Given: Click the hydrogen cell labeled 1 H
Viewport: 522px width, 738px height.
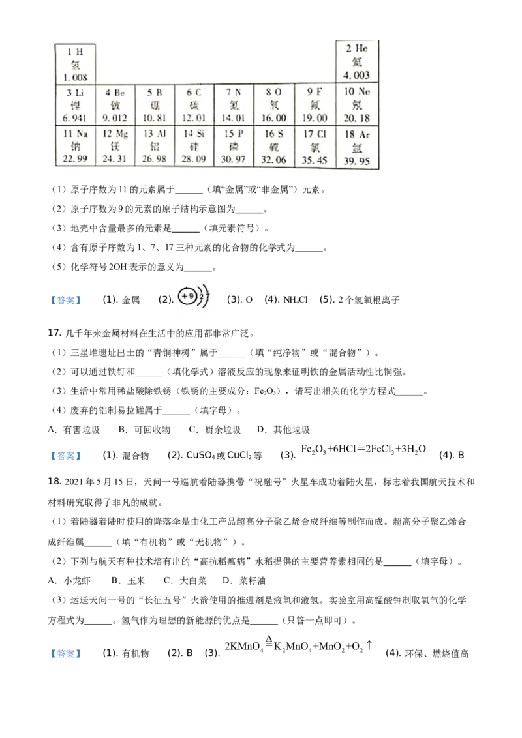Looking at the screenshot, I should pyautogui.click(x=76, y=63).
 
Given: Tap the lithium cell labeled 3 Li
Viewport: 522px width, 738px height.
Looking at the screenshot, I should pyautogui.click(x=76, y=105).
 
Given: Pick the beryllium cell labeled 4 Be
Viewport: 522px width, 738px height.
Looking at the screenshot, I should pyautogui.click(x=115, y=105).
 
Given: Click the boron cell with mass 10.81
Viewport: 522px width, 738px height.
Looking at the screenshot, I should pyautogui.click(x=154, y=105).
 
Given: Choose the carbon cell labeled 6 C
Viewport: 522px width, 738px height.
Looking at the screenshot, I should pyautogui.click(x=194, y=105).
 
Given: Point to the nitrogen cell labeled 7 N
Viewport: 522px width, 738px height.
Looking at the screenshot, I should pyautogui.click(x=233, y=105).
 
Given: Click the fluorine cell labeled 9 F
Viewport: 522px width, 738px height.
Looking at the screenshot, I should pyautogui.click(x=314, y=105).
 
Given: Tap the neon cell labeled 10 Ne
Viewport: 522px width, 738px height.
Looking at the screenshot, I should pyautogui.click(x=357, y=105).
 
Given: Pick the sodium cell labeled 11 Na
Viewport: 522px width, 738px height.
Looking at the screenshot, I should pyautogui.click(x=76, y=147).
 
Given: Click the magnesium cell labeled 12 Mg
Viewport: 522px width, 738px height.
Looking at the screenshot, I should pyautogui.click(x=115, y=147).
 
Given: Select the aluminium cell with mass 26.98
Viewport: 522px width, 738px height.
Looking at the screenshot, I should pyautogui.click(x=154, y=147).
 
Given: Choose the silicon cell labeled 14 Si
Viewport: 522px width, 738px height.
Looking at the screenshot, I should pyautogui.click(x=194, y=147).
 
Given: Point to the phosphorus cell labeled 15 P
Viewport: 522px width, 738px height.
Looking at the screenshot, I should pyautogui.click(x=233, y=147).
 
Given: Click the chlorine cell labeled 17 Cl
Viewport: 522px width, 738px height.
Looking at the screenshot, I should pyautogui.click(x=314, y=147).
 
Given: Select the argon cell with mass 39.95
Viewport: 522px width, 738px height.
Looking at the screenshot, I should pyautogui.click(x=357, y=147).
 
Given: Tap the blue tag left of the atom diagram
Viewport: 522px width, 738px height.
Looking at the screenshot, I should pyautogui.click(x=65, y=301).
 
